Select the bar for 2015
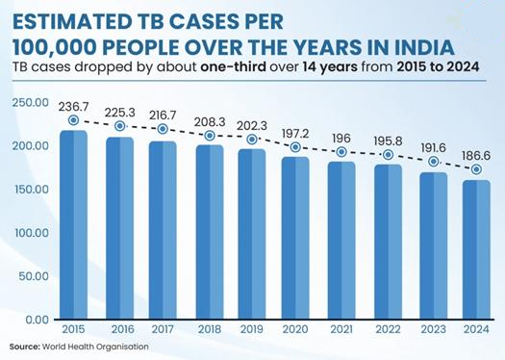coord(73,224)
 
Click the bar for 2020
coord(295,238)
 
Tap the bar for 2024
coord(476,249)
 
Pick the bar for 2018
coord(210,232)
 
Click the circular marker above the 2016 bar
coord(120,126)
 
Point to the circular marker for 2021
coord(341,152)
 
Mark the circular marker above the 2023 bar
coord(434,162)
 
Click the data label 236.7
coord(73,107)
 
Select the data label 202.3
coord(252,126)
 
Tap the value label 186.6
coord(476,156)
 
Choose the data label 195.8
coord(388,141)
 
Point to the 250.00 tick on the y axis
coord(30,103)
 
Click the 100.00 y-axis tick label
coord(32,233)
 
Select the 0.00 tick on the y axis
coord(38,320)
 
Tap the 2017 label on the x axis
coord(163,329)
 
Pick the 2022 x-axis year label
coord(388,329)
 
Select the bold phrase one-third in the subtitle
coord(234,67)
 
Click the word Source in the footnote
coord(24,347)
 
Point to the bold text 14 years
coord(330,67)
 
